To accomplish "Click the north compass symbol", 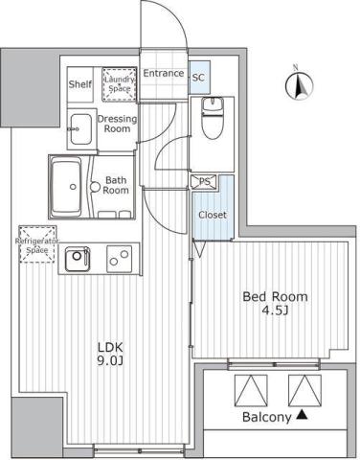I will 297,85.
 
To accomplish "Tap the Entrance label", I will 163,74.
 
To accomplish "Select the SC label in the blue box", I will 198,77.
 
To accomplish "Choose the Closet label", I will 212,215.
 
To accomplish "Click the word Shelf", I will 79,84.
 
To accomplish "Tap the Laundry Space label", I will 119,83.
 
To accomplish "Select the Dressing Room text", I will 117,124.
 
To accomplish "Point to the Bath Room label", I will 117,184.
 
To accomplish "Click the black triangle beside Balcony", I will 302,416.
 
